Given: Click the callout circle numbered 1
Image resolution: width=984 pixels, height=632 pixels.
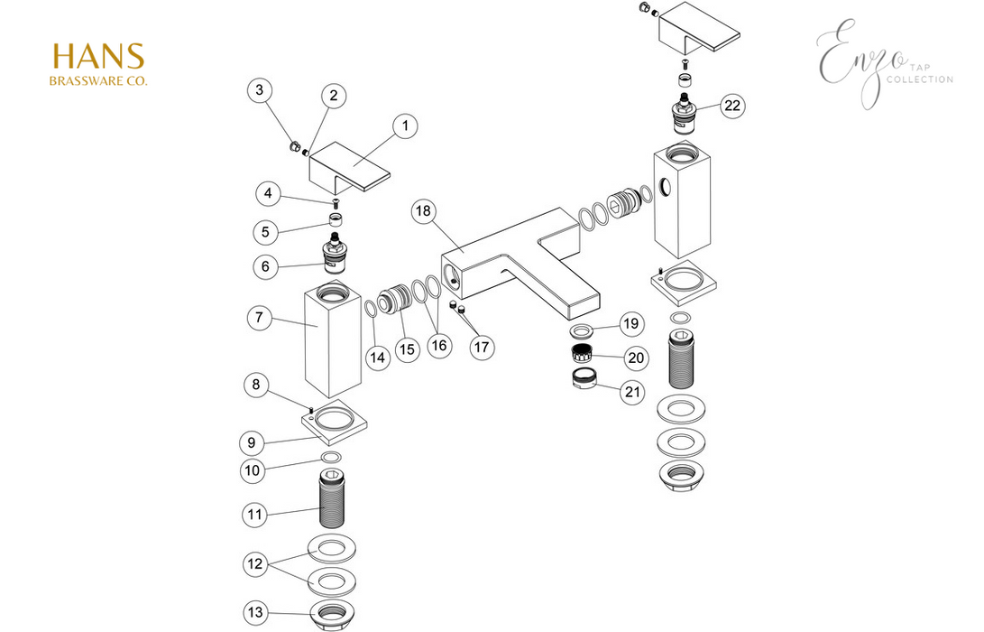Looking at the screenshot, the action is click(405, 125).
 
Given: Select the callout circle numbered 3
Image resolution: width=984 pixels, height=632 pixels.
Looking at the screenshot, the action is click(260, 90).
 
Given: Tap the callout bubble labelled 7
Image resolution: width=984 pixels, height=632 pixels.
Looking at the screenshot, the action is click(260, 318).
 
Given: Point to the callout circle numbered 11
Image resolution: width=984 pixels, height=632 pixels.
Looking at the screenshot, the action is click(254, 516).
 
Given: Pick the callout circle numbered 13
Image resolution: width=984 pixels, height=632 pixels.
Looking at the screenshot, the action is click(255, 612).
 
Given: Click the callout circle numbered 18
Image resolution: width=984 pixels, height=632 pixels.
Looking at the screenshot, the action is click(424, 211).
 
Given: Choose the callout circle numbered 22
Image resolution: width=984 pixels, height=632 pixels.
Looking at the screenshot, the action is click(732, 106).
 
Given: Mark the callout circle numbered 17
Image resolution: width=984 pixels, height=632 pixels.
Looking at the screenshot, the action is click(482, 348).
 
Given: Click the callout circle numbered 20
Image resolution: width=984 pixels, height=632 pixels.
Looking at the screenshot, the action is click(636, 358).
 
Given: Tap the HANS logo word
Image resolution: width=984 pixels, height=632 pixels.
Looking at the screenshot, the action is click(98, 56).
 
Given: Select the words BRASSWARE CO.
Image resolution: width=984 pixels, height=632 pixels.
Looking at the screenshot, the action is click(98, 81).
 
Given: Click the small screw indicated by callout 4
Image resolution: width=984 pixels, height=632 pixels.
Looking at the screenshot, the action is click(336, 202).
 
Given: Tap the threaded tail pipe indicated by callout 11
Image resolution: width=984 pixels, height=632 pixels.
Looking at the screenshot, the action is click(333, 498).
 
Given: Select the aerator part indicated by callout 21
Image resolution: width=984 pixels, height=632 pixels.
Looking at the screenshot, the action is click(585, 380).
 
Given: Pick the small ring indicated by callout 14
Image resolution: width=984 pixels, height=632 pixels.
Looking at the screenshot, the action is click(371, 310).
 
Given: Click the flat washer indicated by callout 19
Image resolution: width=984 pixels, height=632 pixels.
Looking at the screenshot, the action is click(583, 330).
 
